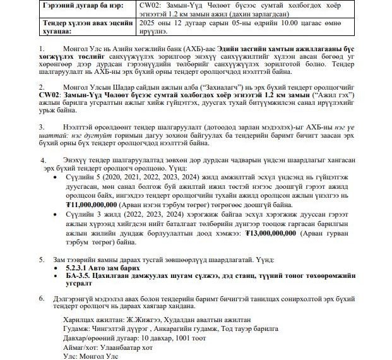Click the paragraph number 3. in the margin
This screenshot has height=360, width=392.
42,126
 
